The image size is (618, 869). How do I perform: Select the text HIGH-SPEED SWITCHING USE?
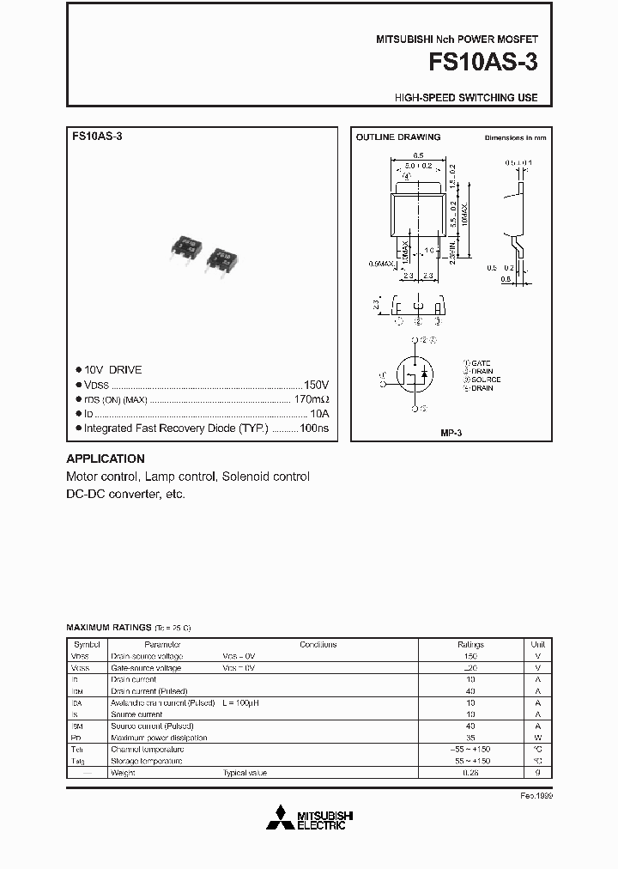point(466,98)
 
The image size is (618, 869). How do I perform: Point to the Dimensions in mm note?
point(515,137)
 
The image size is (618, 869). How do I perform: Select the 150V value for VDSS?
point(316,385)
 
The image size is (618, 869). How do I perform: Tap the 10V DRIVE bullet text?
point(113,370)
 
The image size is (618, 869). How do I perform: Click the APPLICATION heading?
point(106,459)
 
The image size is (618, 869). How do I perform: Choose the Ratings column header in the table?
point(470,644)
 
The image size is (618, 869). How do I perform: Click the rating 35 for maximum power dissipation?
point(470,738)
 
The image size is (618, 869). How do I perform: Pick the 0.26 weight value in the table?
point(470,773)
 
